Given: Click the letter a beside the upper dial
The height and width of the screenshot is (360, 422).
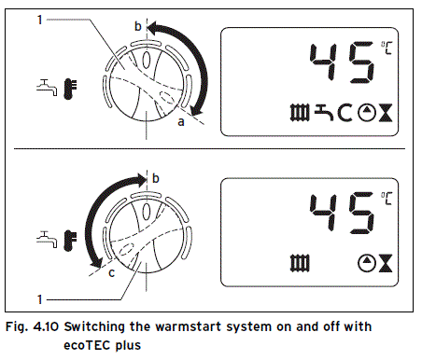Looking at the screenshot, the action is point(181,120).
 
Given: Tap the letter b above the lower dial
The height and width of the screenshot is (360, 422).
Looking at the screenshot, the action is point(155,177).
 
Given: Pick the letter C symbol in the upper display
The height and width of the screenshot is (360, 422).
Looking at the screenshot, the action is point(345,116).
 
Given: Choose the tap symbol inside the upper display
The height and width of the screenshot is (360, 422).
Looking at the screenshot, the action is point(324,116).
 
